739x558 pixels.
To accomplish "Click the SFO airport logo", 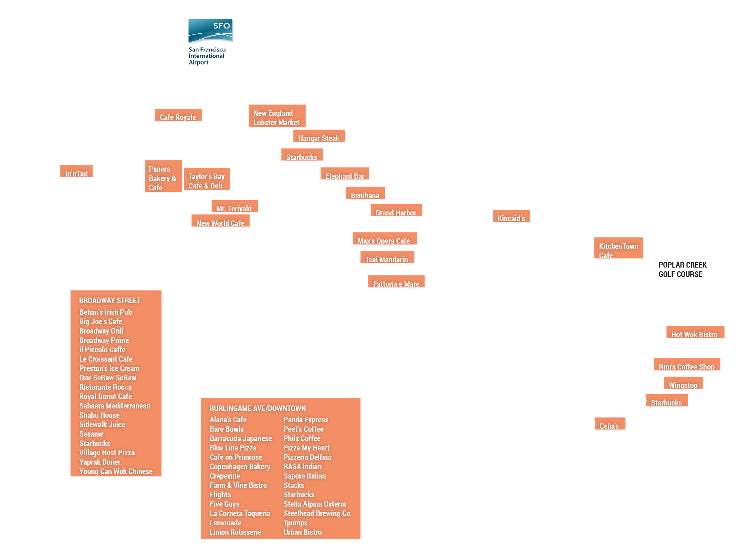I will (x=210, y=42).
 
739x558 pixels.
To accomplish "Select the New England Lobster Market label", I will (x=277, y=117).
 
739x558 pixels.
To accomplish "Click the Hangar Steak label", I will (x=319, y=138).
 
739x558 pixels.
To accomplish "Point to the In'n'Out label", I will (x=76, y=173).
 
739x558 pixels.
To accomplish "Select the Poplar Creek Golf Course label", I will (x=682, y=269).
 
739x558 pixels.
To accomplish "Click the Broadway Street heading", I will (x=110, y=300).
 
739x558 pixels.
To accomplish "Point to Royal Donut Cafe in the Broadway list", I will (x=106, y=396).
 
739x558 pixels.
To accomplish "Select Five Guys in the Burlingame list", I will (x=224, y=504).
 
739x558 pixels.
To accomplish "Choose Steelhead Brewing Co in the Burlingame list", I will (x=317, y=513).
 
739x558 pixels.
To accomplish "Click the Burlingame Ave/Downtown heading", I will (x=257, y=408).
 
